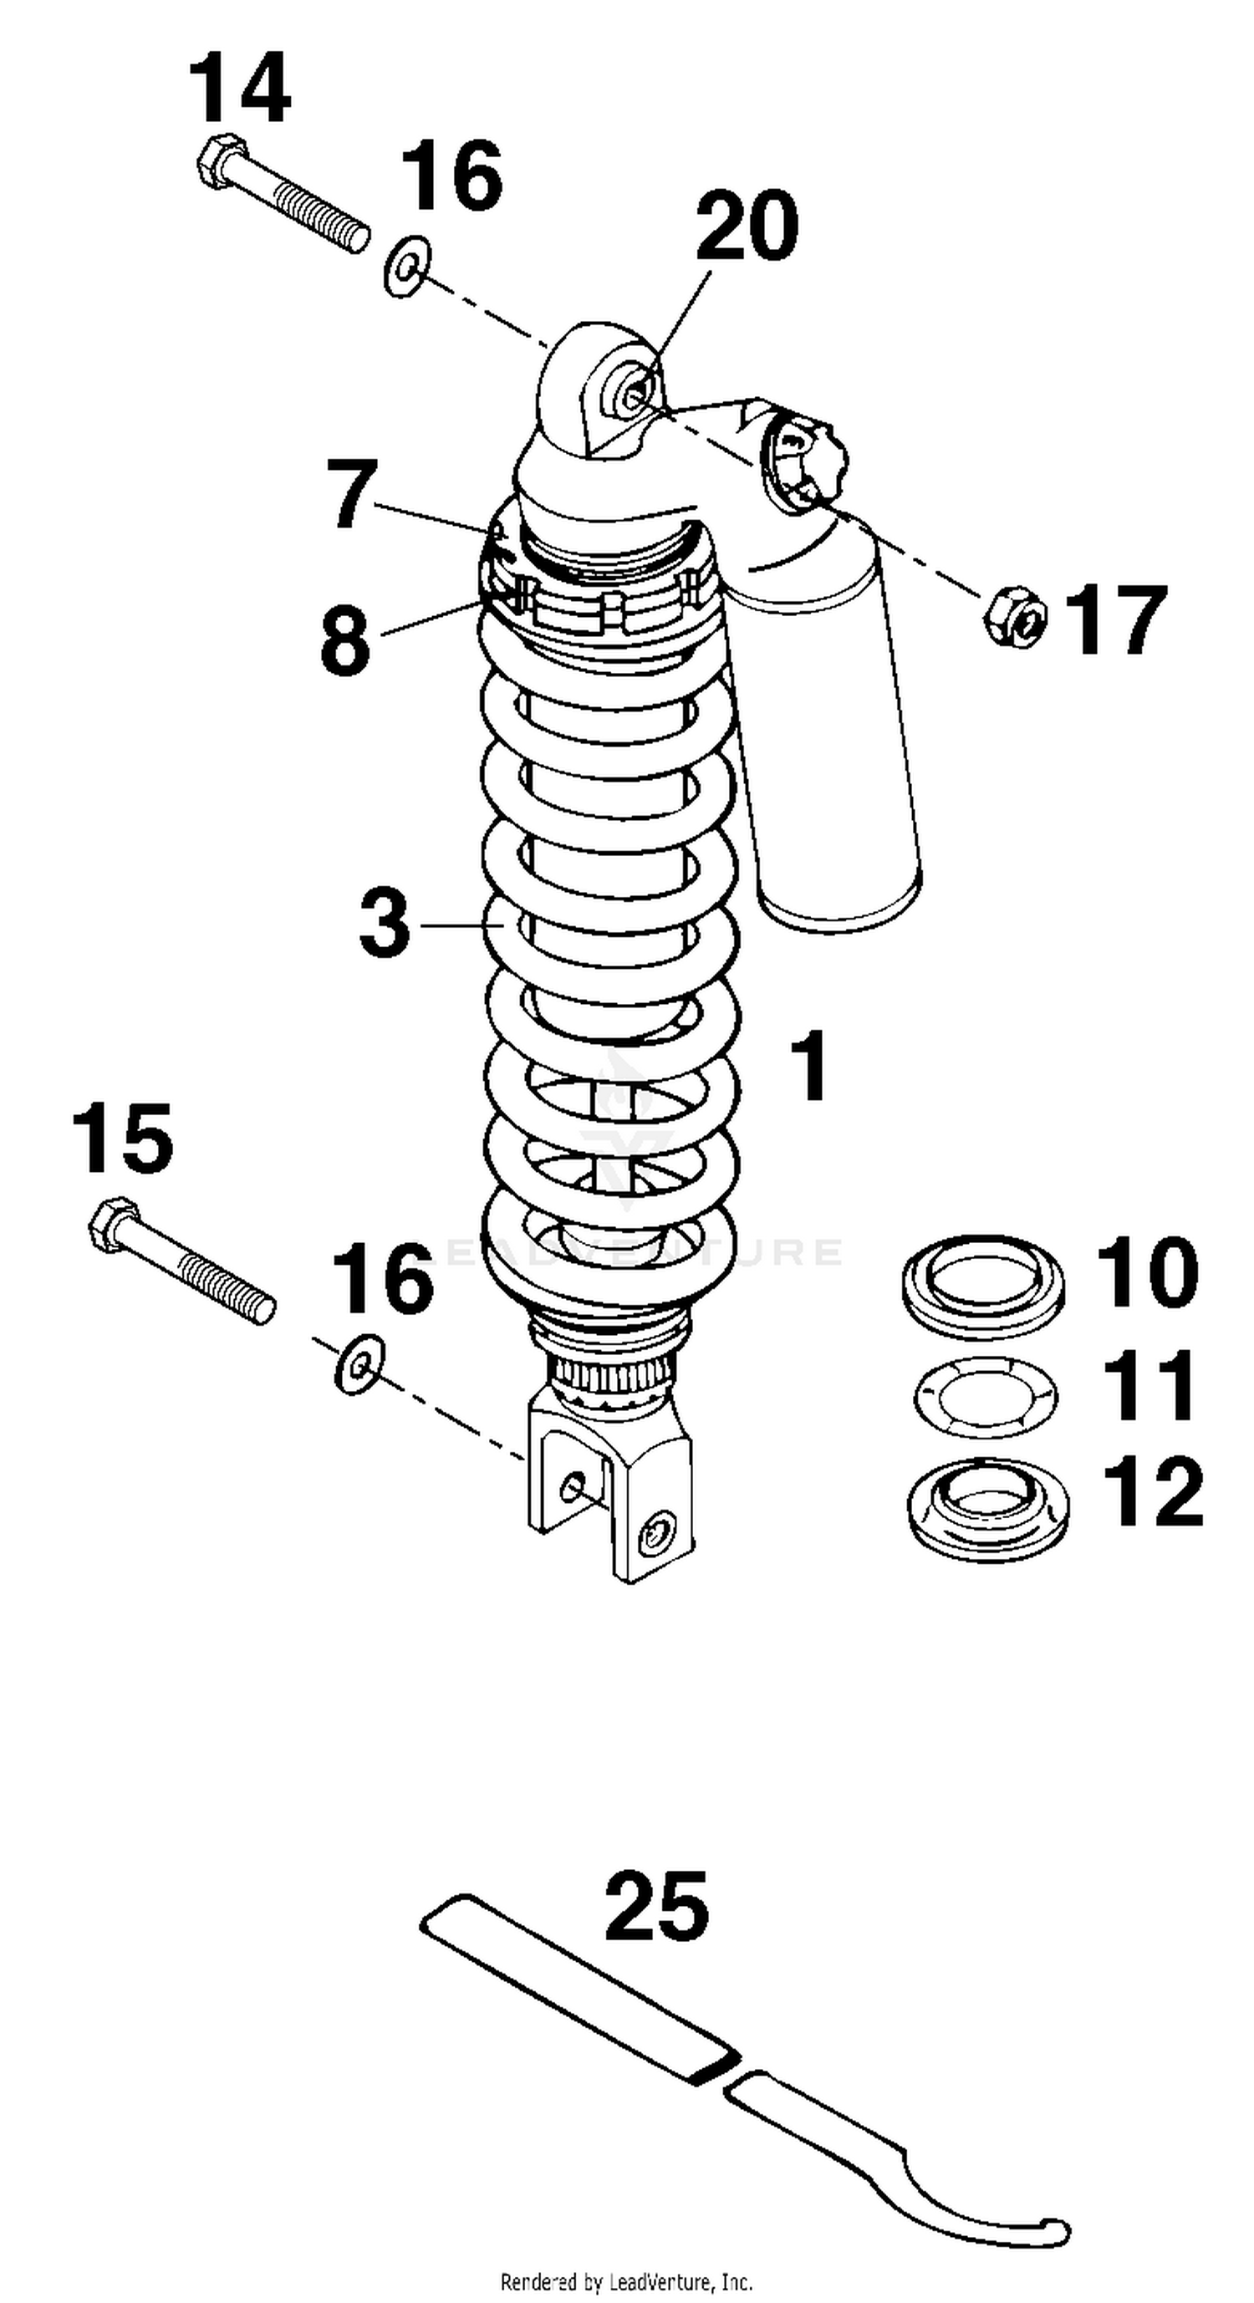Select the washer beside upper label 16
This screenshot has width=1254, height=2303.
406,267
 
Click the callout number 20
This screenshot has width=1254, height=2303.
747,227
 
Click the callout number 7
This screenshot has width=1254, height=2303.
351,493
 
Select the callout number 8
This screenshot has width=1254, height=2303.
346,639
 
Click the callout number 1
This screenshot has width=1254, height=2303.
811,1066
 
